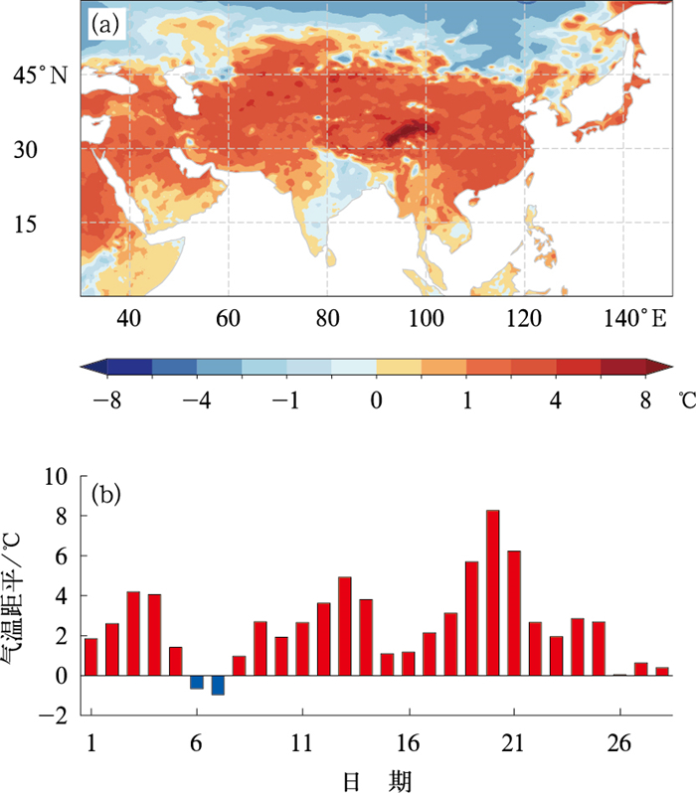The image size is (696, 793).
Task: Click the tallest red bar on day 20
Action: coord(492,592)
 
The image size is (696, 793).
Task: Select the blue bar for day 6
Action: coord(197,683)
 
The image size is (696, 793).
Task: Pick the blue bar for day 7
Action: coord(218,686)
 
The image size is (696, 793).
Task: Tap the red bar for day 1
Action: coord(91,657)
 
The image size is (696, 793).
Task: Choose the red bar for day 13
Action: coord(345,626)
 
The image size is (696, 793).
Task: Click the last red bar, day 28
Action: coord(662,672)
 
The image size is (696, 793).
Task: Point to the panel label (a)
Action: coord(105,24)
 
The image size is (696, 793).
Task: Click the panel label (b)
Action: coord(105,495)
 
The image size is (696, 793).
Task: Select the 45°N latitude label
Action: coord(40,76)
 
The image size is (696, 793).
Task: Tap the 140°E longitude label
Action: coord(635,319)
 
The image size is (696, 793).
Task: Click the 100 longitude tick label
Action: coord(427,319)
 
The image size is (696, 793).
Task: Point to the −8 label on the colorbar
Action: coord(107,400)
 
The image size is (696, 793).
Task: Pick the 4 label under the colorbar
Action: coord(556,400)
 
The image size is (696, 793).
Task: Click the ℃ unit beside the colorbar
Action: coord(687,400)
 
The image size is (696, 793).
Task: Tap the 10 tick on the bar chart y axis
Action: coord(56,476)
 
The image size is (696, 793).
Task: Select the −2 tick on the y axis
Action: coord(53,715)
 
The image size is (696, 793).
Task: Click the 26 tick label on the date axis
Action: coord(619,743)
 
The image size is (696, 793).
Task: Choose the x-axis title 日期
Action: coord(377,781)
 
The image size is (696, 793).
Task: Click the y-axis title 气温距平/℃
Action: coord(11,599)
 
